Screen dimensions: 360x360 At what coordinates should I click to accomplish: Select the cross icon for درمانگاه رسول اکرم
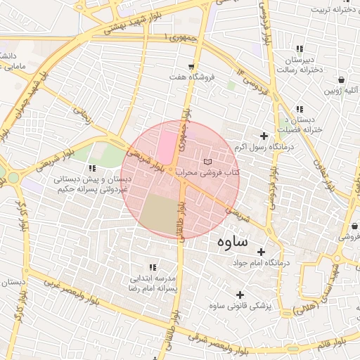click(264, 136)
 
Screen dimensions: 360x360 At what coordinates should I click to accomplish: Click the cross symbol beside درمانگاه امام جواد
click(261, 252)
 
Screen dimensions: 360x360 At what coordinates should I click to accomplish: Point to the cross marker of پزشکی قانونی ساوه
click(240, 295)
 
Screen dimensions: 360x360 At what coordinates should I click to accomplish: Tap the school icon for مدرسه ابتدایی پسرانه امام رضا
click(154, 268)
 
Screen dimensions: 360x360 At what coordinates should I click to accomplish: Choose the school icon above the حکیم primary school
click(92, 168)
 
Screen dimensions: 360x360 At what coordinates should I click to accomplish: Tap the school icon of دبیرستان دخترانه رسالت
click(300, 49)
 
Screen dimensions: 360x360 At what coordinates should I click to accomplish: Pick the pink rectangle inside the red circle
click(167, 141)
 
